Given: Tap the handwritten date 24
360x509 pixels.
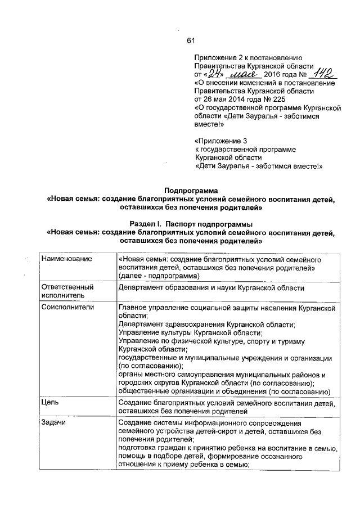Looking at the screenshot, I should (213, 74).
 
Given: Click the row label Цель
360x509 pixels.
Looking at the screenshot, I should (49, 402).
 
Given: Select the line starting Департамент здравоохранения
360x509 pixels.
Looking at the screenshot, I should (206, 325).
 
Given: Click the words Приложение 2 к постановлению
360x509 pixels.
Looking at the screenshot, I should (249, 57).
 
